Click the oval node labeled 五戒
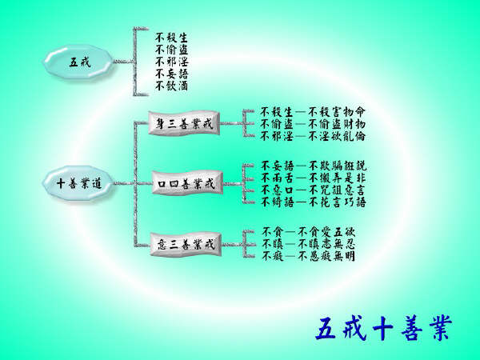pos(79,62)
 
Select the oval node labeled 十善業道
pos(79,183)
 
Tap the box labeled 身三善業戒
pos(184,124)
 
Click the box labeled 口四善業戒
pos(187,183)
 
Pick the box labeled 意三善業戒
pos(186,245)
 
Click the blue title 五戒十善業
pos(384,328)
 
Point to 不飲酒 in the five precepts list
pos(171,86)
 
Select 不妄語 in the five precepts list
pos(171,74)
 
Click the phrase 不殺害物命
pos(337,112)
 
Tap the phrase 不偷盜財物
pos(337,124)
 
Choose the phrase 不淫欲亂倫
pos(337,136)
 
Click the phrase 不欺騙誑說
pos(337,166)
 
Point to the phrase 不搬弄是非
pos(337,178)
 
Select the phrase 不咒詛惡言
pos(337,190)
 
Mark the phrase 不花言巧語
pos(337,202)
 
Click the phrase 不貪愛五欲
pos(326,231)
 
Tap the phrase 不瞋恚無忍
pos(326,244)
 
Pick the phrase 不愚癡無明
pos(326,256)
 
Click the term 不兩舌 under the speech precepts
pos(278,178)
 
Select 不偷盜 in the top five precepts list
pos(171,50)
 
